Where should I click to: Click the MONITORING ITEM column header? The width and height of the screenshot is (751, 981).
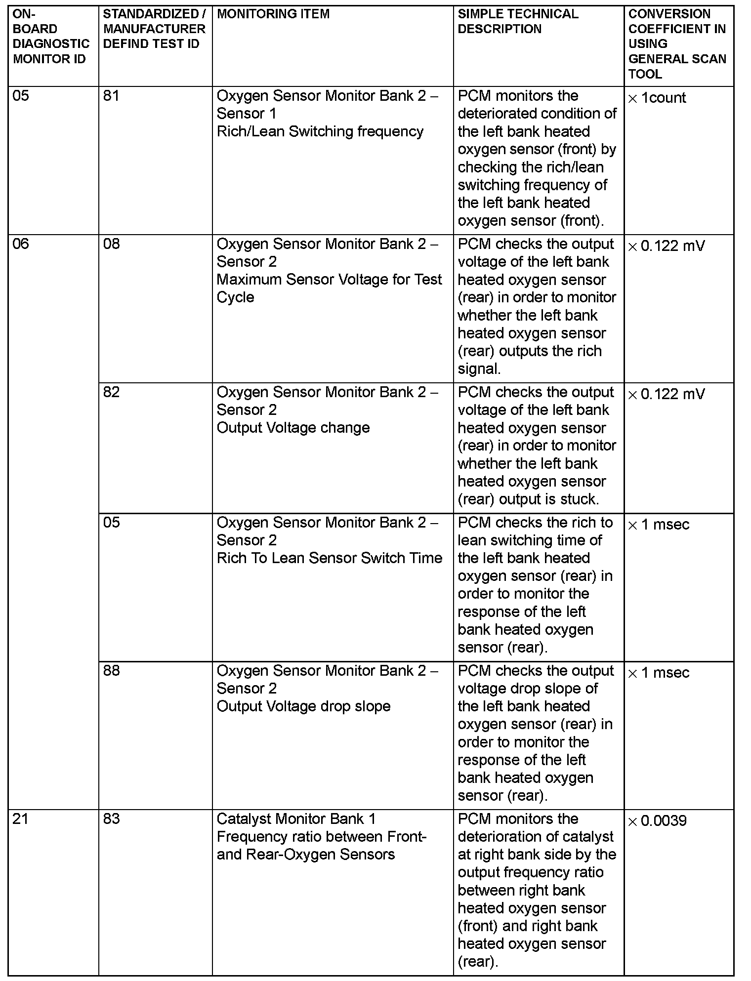(273, 14)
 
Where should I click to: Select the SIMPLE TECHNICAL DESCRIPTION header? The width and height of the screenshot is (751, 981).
(517, 21)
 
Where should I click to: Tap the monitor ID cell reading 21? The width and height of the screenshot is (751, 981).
(21, 818)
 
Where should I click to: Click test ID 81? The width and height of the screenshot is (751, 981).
(111, 95)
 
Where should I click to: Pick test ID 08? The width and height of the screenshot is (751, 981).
(111, 244)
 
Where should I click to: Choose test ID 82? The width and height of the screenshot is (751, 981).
(111, 392)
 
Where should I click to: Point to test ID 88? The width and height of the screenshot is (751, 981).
(111, 670)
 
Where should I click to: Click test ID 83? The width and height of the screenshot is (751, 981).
(111, 818)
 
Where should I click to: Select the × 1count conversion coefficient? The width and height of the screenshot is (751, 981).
(657, 98)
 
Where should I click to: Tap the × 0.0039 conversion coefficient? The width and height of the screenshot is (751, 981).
(657, 821)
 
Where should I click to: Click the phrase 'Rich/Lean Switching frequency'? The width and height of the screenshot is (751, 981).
(320, 131)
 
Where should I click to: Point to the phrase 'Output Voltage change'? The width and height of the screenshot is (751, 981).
(293, 428)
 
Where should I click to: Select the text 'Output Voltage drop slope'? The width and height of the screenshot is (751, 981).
(303, 706)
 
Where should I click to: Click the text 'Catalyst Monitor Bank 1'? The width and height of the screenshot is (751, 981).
(296, 819)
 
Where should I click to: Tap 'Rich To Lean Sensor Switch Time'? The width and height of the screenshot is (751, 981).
(329, 558)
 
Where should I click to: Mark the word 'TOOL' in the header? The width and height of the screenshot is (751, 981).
(645, 74)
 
